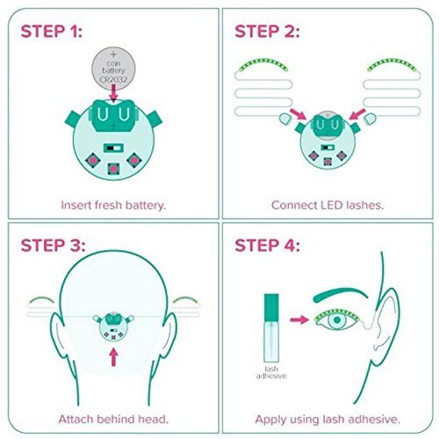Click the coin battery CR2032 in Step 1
(113, 68)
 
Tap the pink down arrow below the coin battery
(113, 93)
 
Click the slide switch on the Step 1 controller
(113, 148)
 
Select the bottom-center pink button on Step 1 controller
(113, 169)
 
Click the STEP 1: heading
(52, 32)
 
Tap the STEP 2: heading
(267, 32)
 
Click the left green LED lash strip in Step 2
(263, 65)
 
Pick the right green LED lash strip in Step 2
(392, 65)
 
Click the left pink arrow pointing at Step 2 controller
(298, 114)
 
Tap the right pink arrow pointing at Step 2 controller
(357, 114)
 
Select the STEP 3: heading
(53, 245)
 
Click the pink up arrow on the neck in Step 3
(113, 356)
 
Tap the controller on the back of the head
(113, 327)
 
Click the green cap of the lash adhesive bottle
(271, 307)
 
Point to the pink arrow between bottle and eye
(299, 320)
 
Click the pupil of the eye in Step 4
(337, 320)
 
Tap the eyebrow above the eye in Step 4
(340, 294)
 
